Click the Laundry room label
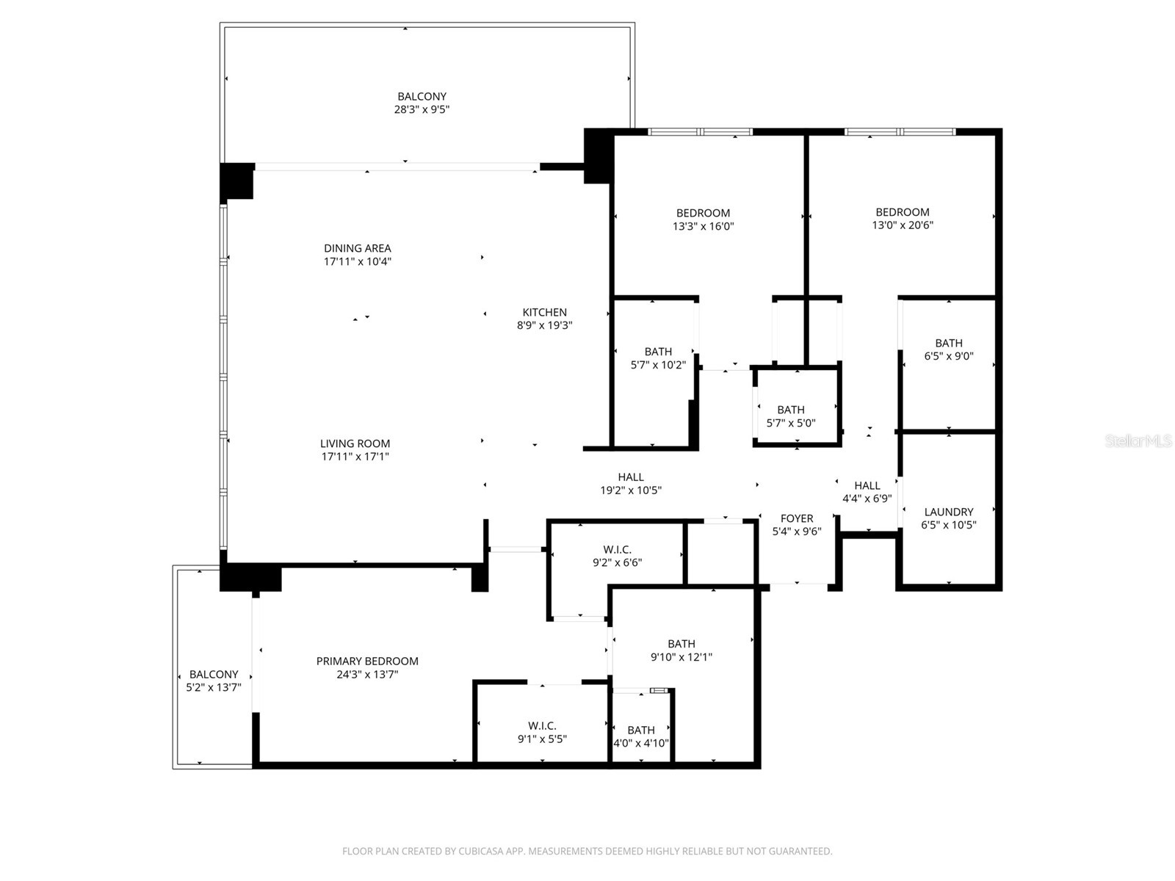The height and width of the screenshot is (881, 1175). coord(949,512)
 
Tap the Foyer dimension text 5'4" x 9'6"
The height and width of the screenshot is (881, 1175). coord(797,532)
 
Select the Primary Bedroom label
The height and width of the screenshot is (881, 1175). coord(367,661)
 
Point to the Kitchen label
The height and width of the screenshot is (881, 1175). coord(544,312)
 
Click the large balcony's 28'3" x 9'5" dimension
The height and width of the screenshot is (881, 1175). coord(422,109)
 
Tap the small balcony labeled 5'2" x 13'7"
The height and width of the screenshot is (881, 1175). coord(214,681)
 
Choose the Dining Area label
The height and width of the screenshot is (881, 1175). coord(358,248)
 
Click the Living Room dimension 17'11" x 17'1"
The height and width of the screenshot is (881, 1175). coord(355,457)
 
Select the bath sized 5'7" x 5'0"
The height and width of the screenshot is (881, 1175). coord(791,416)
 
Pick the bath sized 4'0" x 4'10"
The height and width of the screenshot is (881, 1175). coord(641,736)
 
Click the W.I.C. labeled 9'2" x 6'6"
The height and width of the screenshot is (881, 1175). coord(617,556)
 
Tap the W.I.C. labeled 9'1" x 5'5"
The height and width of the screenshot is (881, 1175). coord(542,732)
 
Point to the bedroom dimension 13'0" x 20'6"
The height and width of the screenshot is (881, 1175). coord(903,225)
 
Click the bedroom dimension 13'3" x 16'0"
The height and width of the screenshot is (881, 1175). coord(703,226)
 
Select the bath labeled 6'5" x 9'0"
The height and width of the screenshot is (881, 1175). coord(949,349)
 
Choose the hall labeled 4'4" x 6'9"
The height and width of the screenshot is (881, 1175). coord(867,492)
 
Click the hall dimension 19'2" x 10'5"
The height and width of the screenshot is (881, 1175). coord(631,490)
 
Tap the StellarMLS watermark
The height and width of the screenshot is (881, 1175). coord(1138,441)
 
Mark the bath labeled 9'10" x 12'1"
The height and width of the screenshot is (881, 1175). coord(681,650)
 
